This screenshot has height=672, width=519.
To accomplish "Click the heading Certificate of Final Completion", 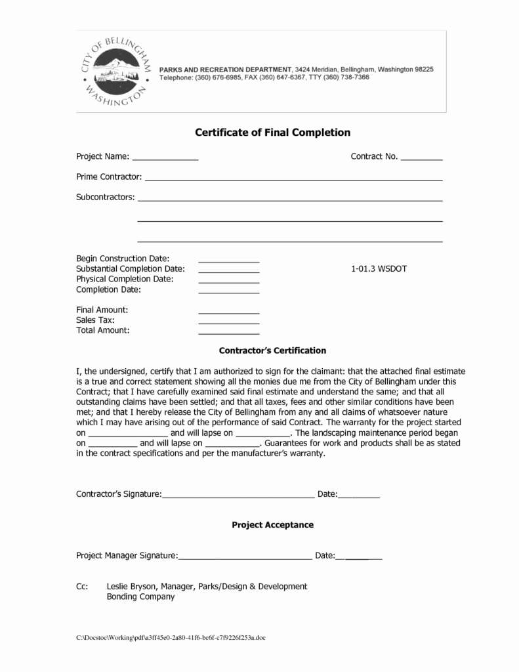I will click(273, 133).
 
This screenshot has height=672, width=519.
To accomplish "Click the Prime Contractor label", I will click(109, 177).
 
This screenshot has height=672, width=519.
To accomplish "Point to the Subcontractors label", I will click(106, 197).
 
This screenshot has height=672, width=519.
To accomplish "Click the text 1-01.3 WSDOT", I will click(379, 269).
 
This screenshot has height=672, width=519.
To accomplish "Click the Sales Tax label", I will click(96, 320).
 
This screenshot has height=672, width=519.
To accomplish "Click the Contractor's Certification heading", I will click(272, 351).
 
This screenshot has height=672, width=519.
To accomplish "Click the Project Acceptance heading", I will click(272, 525).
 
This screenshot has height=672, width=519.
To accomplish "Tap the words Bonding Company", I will click(140, 597).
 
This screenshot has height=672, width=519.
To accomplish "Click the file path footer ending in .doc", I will click(171, 638).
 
